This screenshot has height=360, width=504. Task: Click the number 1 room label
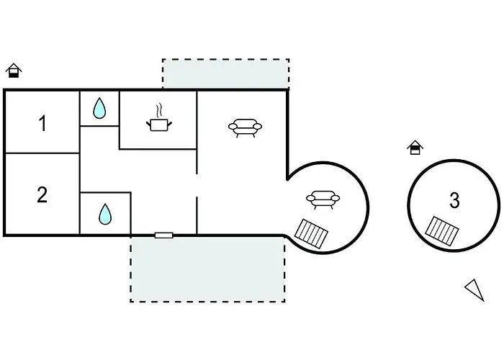pos(42,123)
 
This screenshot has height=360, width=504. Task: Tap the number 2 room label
pos(42,194)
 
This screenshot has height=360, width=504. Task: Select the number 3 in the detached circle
pos(454,201)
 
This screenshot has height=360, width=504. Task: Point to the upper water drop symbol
pos(99,109)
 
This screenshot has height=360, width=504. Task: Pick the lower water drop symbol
pos(105,213)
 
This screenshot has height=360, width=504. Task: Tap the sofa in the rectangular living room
pos(245,127)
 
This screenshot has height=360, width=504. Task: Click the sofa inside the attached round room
pos(322,199)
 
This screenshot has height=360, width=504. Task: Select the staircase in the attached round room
pos(313,233)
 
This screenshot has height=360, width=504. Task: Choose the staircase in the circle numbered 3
pos(441,229)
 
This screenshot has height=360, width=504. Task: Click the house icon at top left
pos(14,71)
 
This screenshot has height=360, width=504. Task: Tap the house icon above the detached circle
pos(415,148)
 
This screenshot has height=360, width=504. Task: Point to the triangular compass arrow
pos(474,289)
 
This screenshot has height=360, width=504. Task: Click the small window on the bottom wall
pos(164,235)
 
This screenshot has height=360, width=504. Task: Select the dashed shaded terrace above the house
pos(225,73)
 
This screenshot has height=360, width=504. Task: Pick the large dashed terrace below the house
pos(207,269)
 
